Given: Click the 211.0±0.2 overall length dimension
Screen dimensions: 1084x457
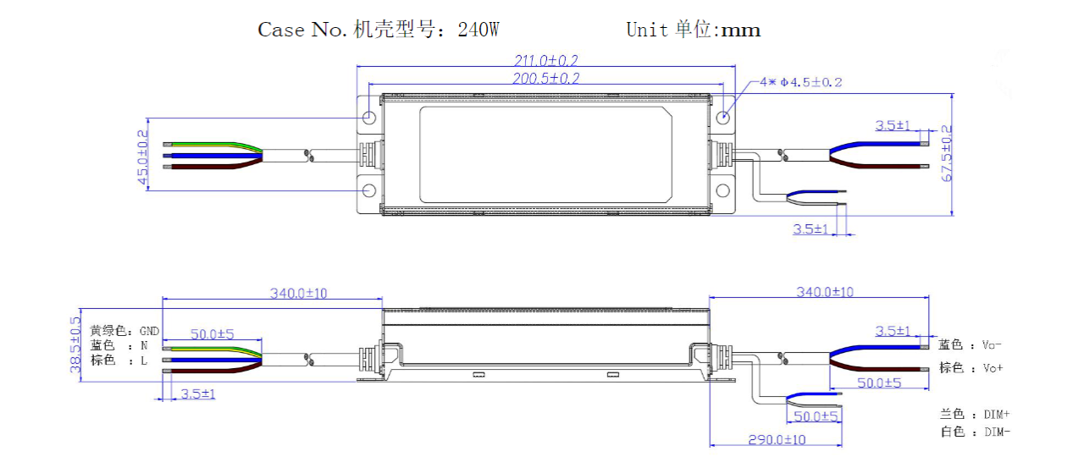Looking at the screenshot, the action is point(545,60).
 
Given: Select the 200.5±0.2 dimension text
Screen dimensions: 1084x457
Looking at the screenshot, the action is point(545,78).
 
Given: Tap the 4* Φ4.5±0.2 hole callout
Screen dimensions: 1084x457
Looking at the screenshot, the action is point(800,82).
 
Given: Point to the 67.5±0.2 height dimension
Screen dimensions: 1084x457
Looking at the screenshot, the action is point(946,153).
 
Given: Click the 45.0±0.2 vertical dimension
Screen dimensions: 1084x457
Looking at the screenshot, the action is point(142,157).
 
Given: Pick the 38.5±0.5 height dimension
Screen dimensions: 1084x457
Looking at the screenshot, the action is point(75,344).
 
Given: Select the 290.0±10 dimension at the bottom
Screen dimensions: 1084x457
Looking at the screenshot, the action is point(777,439).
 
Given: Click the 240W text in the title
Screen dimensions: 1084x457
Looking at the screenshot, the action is point(478,30).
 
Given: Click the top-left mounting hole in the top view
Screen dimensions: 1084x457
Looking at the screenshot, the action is point(369,117).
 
